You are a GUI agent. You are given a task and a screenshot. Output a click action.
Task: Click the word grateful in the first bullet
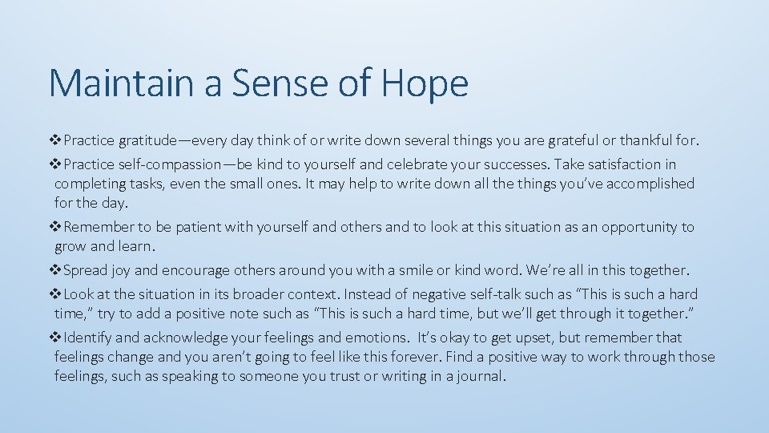(x=573, y=141)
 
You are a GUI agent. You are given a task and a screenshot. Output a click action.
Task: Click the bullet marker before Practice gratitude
(x=56, y=141)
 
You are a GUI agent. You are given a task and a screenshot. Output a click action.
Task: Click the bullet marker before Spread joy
(x=56, y=270)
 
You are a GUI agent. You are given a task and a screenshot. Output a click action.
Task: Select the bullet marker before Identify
(x=56, y=338)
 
